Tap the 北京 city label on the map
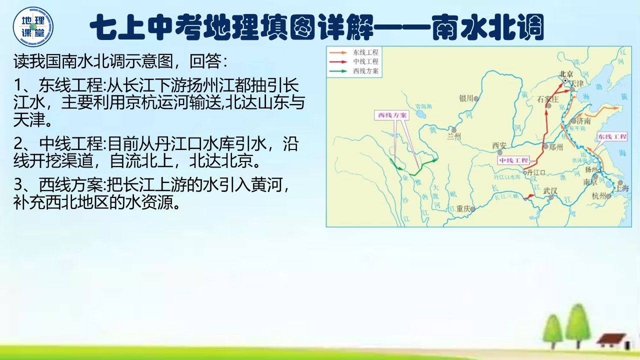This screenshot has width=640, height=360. pyautogui.click(x=565, y=72)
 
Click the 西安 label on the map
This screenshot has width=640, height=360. pyautogui.click(x=499, y=145)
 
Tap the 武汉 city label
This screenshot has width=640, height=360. pyautogui.click(x=550, y=190)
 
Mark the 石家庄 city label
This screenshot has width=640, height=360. pyautogui.click(x=546, y=98)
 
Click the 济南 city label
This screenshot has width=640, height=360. pyautogui.click(x=583, y=121)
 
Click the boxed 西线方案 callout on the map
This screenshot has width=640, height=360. pyautogui.click(x=392, y=115)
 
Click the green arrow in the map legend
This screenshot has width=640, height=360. pyautogui.click(x=338, y=71)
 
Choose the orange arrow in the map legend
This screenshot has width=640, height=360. pyautogui.click(x=338, y=52)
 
